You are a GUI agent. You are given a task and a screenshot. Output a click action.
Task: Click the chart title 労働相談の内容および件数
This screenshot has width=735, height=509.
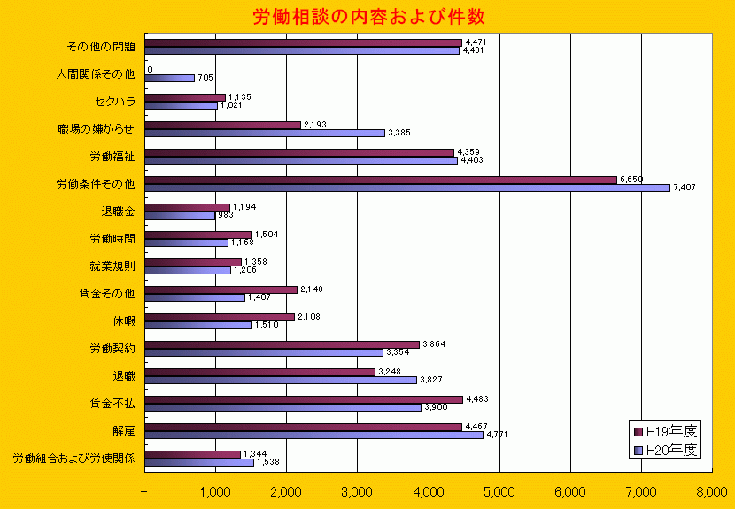[367, 16]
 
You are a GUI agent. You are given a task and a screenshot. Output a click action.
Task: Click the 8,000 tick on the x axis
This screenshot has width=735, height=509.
[711, 491]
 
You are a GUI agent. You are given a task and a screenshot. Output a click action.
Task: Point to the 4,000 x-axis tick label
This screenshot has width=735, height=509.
[428, 491]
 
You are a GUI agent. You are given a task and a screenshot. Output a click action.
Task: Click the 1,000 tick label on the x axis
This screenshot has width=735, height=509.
[215, 491]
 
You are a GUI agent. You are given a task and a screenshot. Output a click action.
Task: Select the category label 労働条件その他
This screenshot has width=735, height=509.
[95, 184]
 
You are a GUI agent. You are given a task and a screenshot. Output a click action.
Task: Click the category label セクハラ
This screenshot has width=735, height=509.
[114, 102]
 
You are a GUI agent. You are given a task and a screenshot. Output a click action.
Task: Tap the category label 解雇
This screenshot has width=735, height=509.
[123, 431]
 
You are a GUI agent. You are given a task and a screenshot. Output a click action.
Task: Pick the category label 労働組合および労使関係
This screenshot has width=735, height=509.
[73, 459]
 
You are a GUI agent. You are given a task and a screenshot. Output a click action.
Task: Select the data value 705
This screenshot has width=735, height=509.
[205, 78]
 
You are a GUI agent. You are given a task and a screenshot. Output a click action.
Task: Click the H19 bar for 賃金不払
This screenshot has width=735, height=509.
[303, 399]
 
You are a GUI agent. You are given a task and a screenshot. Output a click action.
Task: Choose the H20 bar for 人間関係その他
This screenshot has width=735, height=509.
[169, 78]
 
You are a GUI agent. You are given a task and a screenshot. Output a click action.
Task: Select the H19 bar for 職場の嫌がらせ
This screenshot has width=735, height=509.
[222, 125]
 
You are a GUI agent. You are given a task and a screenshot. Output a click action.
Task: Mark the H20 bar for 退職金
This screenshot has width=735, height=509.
[179, 215]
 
